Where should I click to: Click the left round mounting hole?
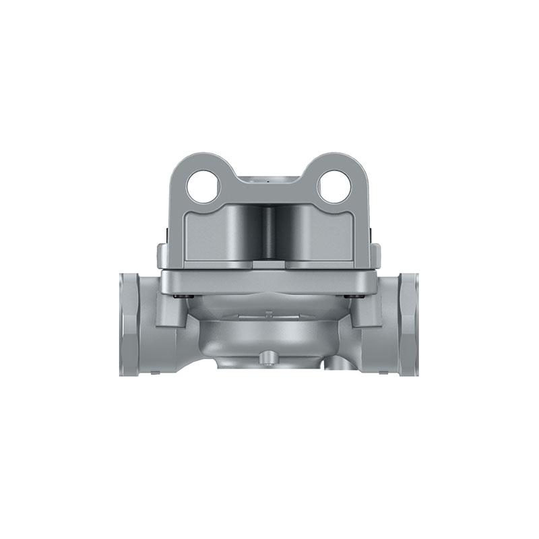pos(203,186)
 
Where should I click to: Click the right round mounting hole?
pos(335,186)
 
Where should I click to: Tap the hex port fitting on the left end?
pos(129,323)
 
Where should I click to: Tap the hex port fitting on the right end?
pos(408,323)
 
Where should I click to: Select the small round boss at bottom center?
pos(269,355)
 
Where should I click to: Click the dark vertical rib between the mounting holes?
pos(269,232)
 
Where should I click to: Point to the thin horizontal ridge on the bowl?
pos(269,314)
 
